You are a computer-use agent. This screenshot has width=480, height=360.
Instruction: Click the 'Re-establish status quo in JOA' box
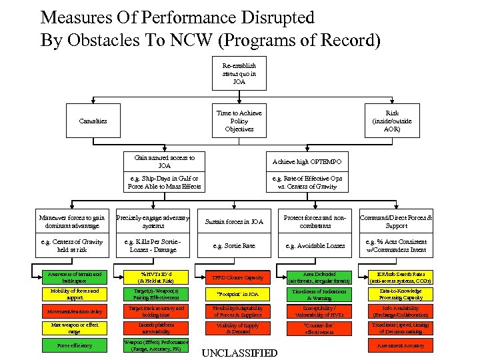click(x=239, y=74)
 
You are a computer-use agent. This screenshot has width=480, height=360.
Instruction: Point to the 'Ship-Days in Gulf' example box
click(x=164, y=183)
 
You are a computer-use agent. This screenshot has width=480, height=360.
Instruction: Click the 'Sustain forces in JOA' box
click(x=234, y=221)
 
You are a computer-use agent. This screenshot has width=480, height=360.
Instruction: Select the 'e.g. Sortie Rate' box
click(x=234, y=246)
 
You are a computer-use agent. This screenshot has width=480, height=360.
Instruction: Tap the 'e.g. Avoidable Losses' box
click(x=315, y=246)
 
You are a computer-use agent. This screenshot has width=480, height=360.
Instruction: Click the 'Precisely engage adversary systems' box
click(x=153, y=221)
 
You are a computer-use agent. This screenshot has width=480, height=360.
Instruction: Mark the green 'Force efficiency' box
click(x=75, y=345)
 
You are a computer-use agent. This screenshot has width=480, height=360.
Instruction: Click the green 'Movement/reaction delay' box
click(x=75, y=311)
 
